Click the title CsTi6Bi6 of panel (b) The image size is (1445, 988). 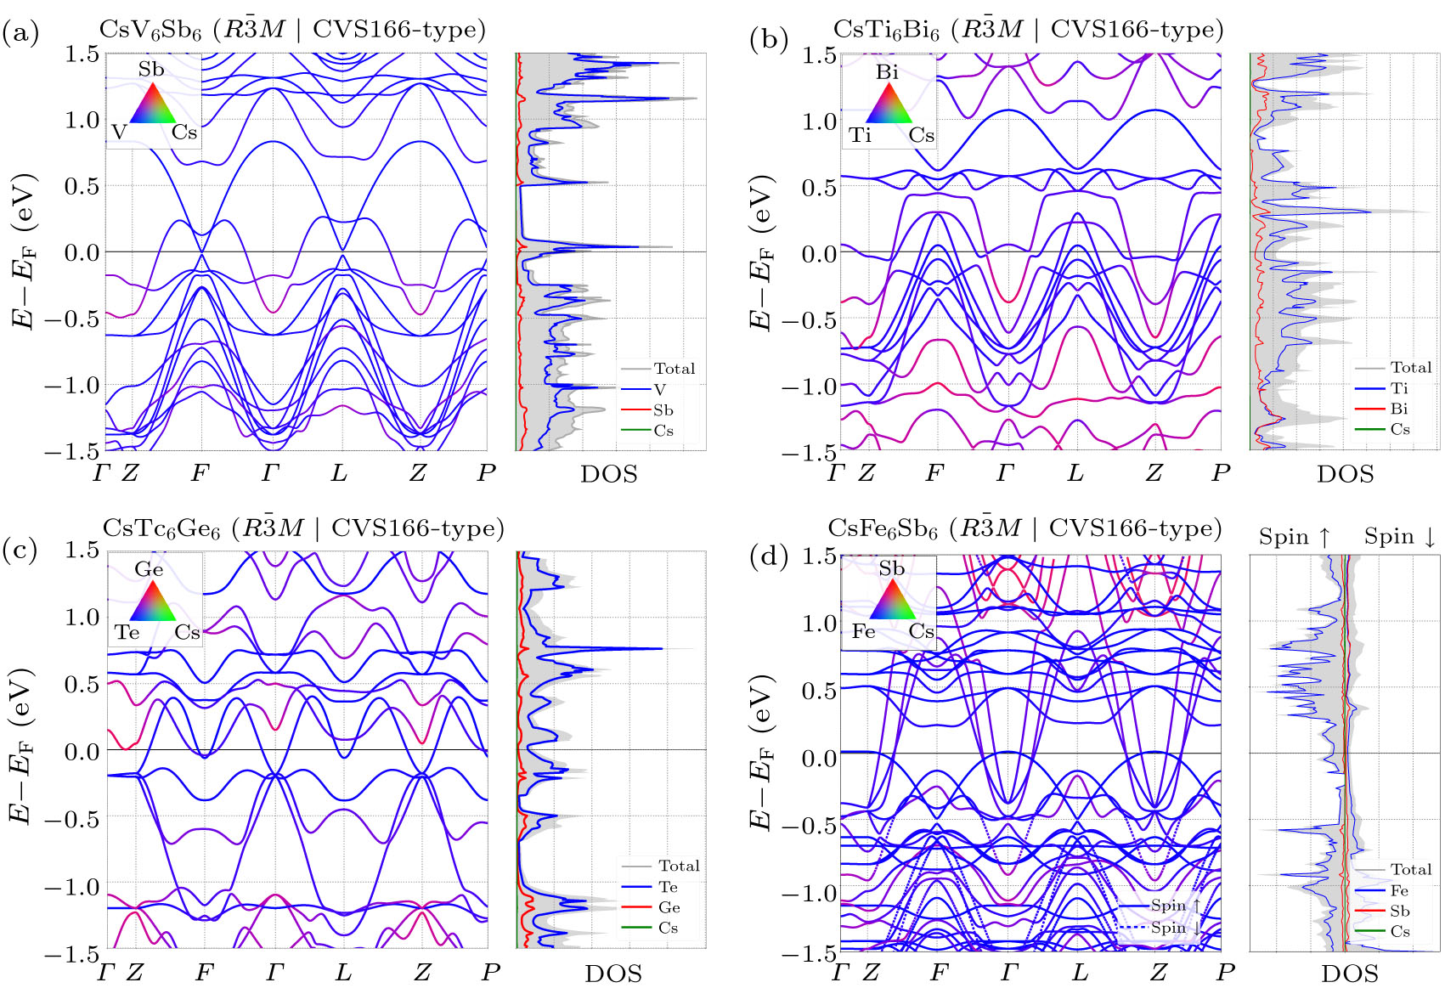click(x=886, y=30)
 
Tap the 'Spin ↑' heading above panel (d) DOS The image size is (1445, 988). click(x=1295, y=537)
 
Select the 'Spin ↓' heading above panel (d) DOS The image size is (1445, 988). click(x=1400, y=537)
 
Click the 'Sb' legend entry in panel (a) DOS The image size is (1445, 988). click(x=663, y=410)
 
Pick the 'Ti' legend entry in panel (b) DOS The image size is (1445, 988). click(x=1399, y=388)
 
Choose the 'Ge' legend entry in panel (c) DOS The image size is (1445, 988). click(x=669, y=907)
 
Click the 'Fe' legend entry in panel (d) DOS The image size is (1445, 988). click(x=1399, y=890)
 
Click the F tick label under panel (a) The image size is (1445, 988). click(x=200, y=473)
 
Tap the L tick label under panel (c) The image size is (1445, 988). click(x=343, y=972)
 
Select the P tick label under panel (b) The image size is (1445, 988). click(x=1221, y=473)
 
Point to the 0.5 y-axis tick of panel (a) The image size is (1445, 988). click(x=82, y=186)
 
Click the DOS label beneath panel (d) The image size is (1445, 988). click(x=1349, y=974)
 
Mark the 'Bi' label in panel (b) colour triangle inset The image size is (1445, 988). click(x=887, y=72)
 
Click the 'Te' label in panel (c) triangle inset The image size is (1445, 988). click(x=127, y=633)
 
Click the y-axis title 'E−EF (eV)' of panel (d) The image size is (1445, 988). click(x=761, y=752)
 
